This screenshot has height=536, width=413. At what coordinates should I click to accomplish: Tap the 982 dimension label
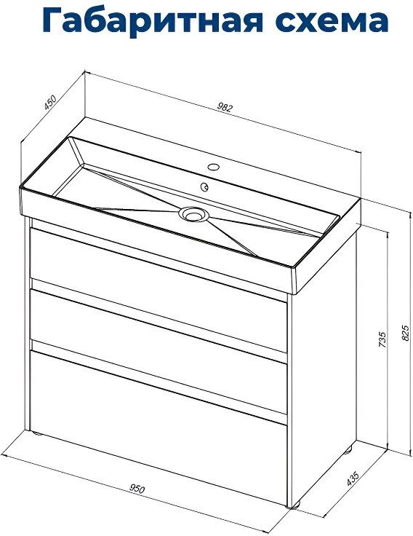pos(225,107)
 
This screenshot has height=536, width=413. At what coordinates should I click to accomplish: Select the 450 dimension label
pos(50,103)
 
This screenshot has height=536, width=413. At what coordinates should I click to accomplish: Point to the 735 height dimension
pos(382,339)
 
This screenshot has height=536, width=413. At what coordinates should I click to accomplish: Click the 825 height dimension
pos(405,332)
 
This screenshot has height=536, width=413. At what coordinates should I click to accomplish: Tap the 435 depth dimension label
pos(352,478)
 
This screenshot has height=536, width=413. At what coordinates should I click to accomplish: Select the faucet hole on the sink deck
pos(214,167)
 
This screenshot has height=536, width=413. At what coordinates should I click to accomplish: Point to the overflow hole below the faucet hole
pos(205,186)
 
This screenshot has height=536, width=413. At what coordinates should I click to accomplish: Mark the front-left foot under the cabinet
pos(36,433)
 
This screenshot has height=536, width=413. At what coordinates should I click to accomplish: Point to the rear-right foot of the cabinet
pos(348,449)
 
